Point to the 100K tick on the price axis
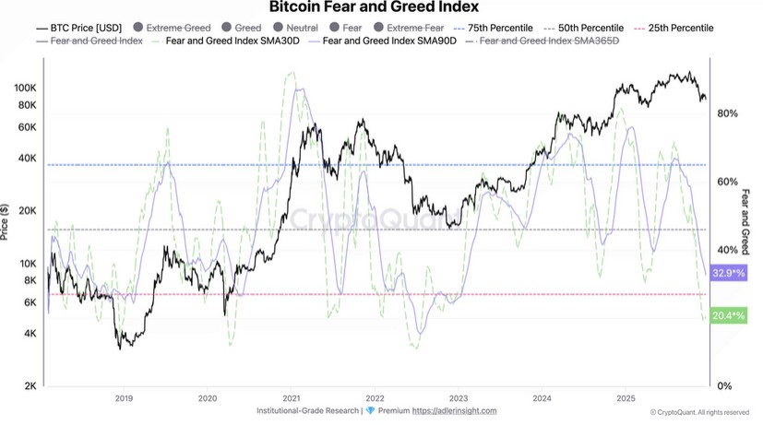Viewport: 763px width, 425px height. (x=25, y=87)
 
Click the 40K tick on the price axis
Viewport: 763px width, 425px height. (x=28, y=158)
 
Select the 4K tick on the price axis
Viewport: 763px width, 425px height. (x=30, y=333)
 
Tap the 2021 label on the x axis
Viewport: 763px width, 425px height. (x=292, y=398)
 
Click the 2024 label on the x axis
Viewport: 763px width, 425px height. (x=542, y=398)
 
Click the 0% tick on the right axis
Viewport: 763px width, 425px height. (x=724, y=385)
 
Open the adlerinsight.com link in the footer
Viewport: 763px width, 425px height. (x=454, y=411)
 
